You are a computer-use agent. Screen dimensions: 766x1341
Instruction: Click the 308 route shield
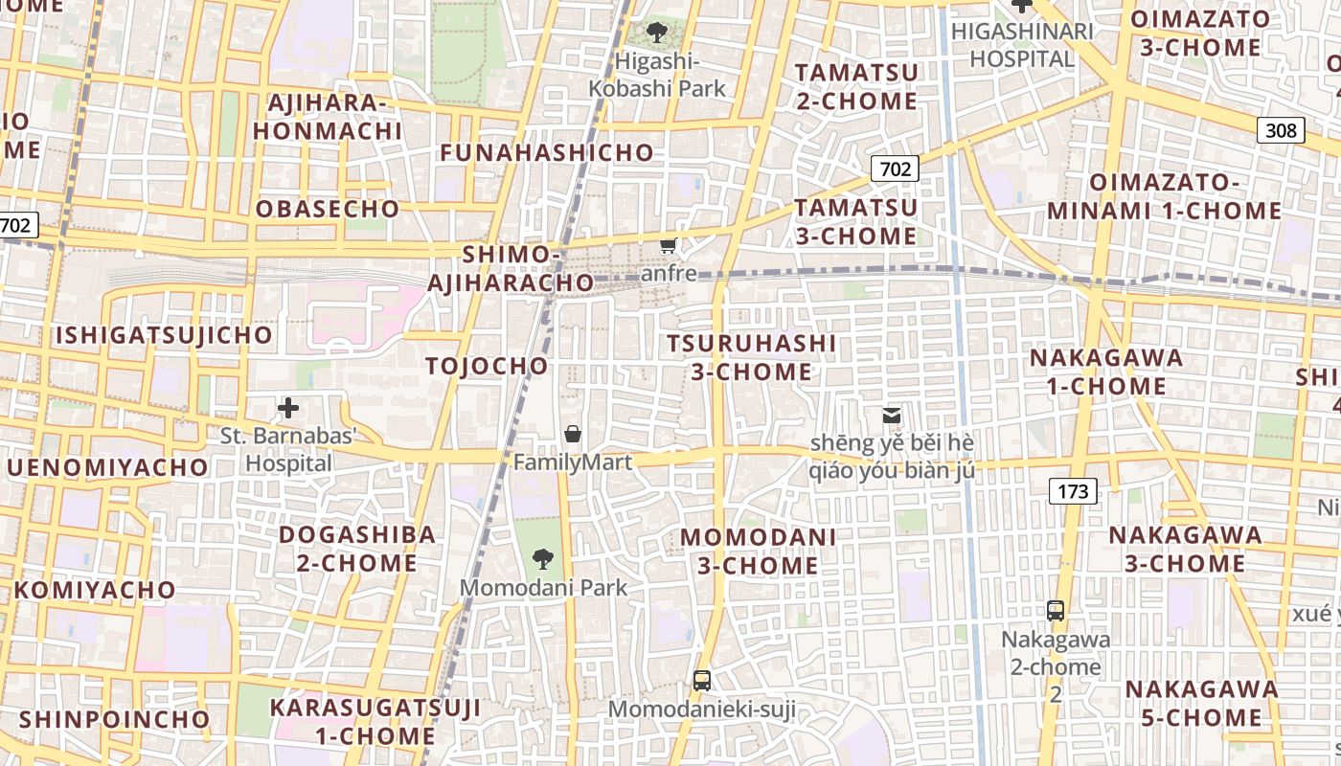click(x=1281, y=130)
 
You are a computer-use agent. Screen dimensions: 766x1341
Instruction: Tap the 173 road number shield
click(x=1073, y=492)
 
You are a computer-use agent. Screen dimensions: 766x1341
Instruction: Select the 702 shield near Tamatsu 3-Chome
click(x=895, y=169)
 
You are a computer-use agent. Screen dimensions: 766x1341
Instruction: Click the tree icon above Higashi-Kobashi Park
click(x=657, y=34)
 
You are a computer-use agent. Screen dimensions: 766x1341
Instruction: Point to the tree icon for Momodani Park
click(x=543, y=558)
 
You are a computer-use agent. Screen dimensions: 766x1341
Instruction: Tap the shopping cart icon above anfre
click(x=669, y=246)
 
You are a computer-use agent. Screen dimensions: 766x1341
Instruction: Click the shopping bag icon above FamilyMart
click(x=573, y=434)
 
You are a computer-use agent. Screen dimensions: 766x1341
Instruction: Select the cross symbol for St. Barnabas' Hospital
click(x=288, y=409)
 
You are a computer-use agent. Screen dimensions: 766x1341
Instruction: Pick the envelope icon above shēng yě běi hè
click(x=892, y=416)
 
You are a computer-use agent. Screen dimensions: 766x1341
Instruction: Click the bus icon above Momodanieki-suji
click(x=702, y=681)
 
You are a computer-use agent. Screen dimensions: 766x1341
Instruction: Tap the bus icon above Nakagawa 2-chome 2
click(x=1056, y=610)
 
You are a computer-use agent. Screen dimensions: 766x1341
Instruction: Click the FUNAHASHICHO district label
click(x=547, y=152)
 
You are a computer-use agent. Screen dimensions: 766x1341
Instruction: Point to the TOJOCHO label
click(x=487, y=366)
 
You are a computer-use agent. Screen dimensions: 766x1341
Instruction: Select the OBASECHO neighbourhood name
click(x=328, y=209)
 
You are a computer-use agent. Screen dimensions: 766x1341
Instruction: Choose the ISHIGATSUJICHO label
click(x=164, y=335)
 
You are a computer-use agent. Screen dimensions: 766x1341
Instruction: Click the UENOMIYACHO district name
click(x=107, y=467)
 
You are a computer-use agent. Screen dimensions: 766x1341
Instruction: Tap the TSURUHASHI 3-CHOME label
click(x=752, y=357)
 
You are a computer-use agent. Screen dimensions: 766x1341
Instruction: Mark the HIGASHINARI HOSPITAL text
click(x=1022, y=45)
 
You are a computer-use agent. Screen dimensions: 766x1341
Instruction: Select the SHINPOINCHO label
click(x=114, y=719)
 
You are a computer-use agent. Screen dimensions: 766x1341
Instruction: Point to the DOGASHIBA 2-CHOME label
click(x=357, y=549)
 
